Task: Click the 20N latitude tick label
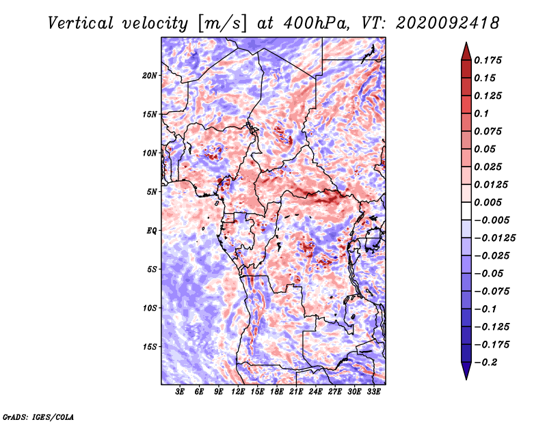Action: [x=150, y=76]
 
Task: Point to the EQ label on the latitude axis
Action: [x=151, y=231]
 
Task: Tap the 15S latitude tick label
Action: [x=150, y=347]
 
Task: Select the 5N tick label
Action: [x=152, y=192]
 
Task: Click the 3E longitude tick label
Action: [x=180, y=392]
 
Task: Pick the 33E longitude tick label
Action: [x=373, y=392]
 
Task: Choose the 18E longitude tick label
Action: [x=277, y=392]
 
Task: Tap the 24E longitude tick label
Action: [x=315, y=392]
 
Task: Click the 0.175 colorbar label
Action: [x=488, y=60]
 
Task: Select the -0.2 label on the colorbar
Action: [x=485, y=363]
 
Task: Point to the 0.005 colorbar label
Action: [x=488, y=202]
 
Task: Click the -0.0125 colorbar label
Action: [x=494, y=238]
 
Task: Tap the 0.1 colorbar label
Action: [x=481, y=113]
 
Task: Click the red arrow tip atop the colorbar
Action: [x=466, y=43]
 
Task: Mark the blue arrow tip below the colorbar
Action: [x=466, y=379]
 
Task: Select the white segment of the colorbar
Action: [x=466, y=211]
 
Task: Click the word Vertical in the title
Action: [x=81, y=23]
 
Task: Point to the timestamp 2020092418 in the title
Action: [x=448, y=23]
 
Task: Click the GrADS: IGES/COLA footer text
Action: [x=38, y=417]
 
